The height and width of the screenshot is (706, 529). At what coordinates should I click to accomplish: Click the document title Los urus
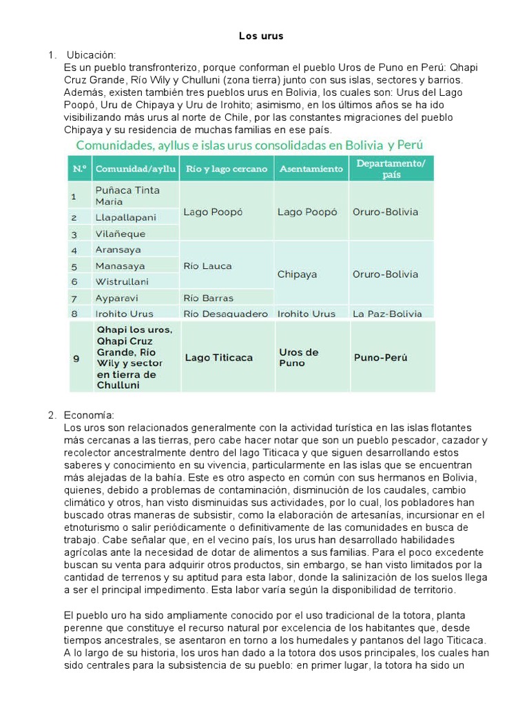(261, 36)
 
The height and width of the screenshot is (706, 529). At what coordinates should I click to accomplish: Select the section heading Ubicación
(91, 54)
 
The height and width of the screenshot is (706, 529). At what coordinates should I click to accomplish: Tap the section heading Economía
(90, 415)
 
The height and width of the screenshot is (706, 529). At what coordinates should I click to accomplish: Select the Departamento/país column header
(391, 168)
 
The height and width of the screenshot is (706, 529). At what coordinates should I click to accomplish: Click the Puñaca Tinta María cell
(127, 196)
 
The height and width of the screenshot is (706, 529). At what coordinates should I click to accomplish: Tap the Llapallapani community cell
(126, 217)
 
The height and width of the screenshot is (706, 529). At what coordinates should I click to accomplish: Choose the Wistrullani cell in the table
(123, 281)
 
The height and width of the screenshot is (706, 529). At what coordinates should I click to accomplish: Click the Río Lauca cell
(207, 265)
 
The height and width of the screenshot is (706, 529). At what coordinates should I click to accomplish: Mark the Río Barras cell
(208, 298)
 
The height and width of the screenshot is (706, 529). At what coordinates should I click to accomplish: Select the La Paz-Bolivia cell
(387, 314)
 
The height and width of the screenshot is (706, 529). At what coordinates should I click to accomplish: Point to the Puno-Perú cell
(380, 358)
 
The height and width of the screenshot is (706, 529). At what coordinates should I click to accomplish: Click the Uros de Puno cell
(298, 357)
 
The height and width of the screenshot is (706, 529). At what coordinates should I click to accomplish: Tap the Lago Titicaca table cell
(218, 358)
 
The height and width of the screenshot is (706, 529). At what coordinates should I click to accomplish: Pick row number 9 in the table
(76, 358)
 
